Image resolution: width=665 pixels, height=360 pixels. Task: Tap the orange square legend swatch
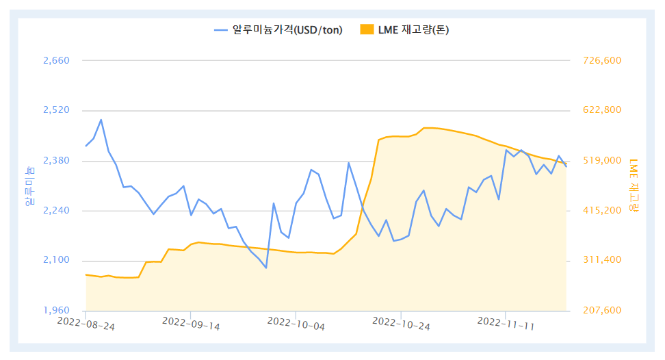pos(367,29)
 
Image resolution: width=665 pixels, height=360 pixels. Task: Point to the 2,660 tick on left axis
pos(56,60)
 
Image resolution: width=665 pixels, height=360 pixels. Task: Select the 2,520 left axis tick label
pos(56,110)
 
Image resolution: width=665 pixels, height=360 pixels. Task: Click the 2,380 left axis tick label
pos(56,161)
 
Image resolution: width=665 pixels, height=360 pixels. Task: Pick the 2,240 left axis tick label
pos(56,211)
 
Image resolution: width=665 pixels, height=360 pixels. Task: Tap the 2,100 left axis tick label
pos(56,261)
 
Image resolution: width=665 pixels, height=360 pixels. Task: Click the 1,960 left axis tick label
pos(56,311)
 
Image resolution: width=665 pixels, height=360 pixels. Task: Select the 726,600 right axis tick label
pos(601,60)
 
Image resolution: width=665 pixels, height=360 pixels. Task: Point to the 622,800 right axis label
pos(601,110)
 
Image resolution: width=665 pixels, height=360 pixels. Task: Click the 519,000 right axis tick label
pos(601,161)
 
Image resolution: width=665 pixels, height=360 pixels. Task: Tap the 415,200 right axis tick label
pos(601,211)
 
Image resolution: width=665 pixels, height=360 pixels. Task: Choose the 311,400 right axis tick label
pos(601,261)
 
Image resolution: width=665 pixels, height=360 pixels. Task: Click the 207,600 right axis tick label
pos(601,311)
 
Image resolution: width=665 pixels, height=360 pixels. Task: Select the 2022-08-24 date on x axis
pos(86,322)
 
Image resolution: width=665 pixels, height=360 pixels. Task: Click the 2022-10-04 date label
pos(296,323)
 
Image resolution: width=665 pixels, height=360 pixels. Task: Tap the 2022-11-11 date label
pos(506,323)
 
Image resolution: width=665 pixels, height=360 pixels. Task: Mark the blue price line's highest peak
pos(101,120)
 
